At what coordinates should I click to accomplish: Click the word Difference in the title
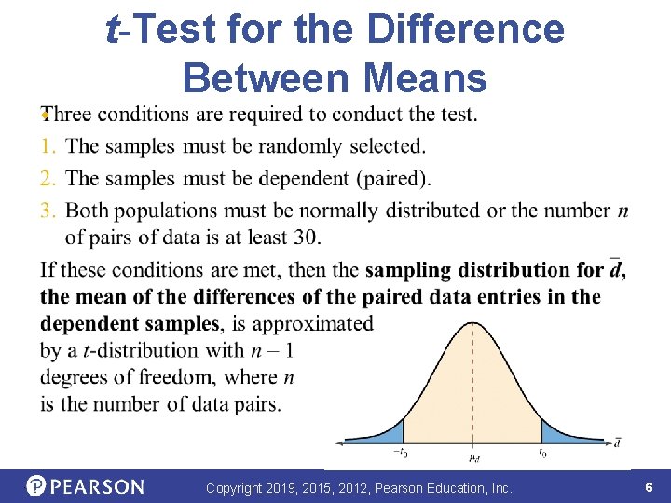pyautogui.click(x=465, y=30)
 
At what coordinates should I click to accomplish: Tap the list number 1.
pyautogui.click(x=48, y=146)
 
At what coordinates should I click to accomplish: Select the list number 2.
pyautogui.click(x=48, y=177)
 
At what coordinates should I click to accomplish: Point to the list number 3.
pyautogui.click(x=48, y=210)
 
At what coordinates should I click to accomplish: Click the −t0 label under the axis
pyautogui.click(x=401, y=454)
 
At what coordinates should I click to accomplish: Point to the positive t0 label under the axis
pyautogui.click(x=542, y=454)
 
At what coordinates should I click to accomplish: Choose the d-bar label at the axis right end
pyautogui.click(x=618, y=442)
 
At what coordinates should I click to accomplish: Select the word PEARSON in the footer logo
pyautogui.click(x=98, y=487)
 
